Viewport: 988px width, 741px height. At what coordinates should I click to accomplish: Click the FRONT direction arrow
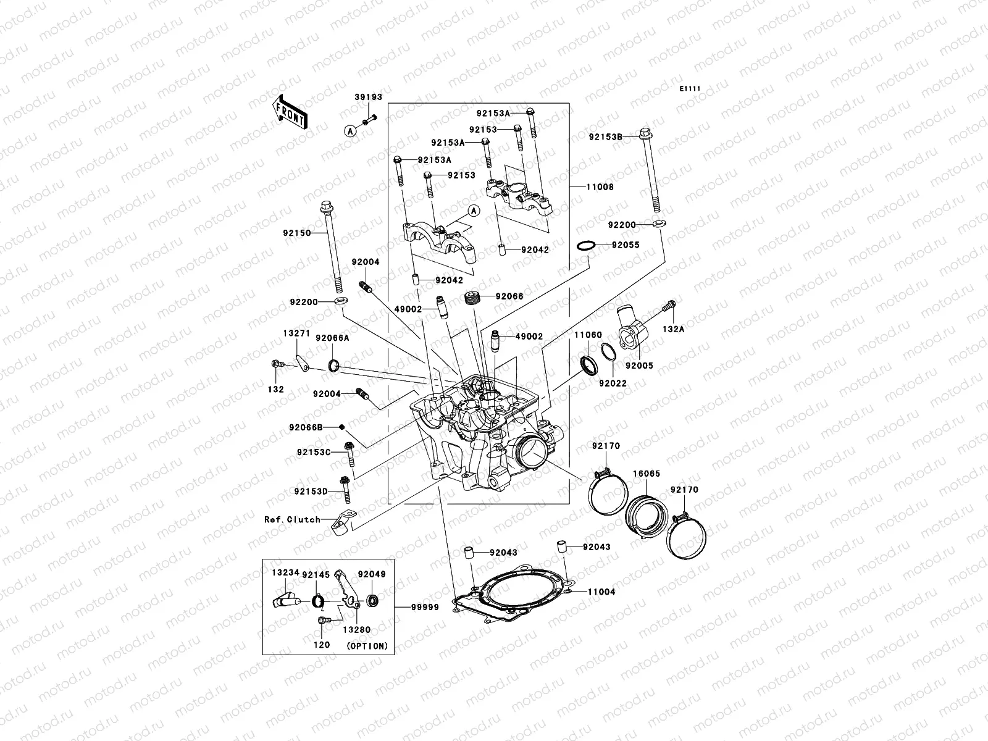(x=291, y=111)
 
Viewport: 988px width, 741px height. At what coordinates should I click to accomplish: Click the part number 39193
(x=368, y=98)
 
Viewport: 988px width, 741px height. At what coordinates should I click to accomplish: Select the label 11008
(x=600, y=187)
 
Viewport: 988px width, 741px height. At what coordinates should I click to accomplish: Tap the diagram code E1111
(x=690, y=89)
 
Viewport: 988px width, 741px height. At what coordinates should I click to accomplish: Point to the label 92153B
(x=605, y=136)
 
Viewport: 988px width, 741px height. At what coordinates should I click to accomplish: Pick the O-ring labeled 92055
(x=587, y=246)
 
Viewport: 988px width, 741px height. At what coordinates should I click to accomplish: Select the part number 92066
(x=509, y=296)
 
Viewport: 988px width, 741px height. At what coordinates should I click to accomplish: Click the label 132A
(x=674, y=329)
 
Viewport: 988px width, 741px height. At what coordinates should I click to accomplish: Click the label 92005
(x=638, y=366)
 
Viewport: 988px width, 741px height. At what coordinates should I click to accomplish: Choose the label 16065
(x=646, y=474)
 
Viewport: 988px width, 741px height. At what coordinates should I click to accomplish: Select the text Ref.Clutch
(x=292, y=519)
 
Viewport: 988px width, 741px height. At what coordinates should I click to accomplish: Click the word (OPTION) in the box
(x=367, y=646)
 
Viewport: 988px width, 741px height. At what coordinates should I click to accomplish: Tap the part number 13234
(x=285, y=573)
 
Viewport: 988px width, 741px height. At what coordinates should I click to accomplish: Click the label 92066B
(x=305, y=427)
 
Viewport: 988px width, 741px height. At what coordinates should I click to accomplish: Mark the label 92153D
(x=310, y=492)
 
